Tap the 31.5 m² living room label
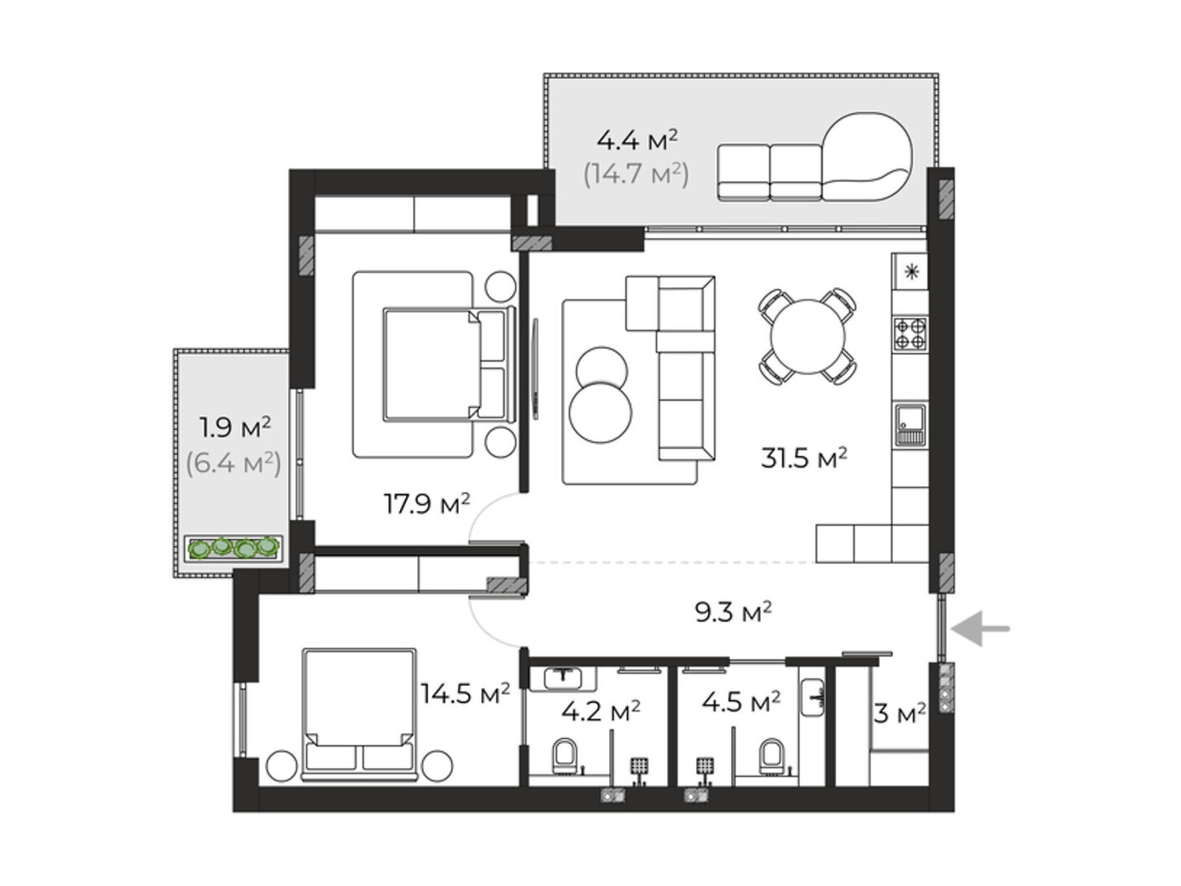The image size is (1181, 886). click(804, 459)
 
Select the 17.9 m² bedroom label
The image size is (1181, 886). click(427, 504)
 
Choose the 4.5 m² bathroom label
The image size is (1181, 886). click(741, 701)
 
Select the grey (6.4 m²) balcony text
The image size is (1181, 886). click(233, 463)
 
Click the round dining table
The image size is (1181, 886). click(808, 337)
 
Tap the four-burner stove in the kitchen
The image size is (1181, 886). click(910, 334)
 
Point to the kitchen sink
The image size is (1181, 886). click(910, 425)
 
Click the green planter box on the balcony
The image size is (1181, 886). click(234, 548)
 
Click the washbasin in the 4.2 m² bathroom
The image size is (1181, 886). click(562, 679)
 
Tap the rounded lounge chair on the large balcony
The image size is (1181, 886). click(867, 156)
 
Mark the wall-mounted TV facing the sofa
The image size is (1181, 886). click(535, 368)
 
